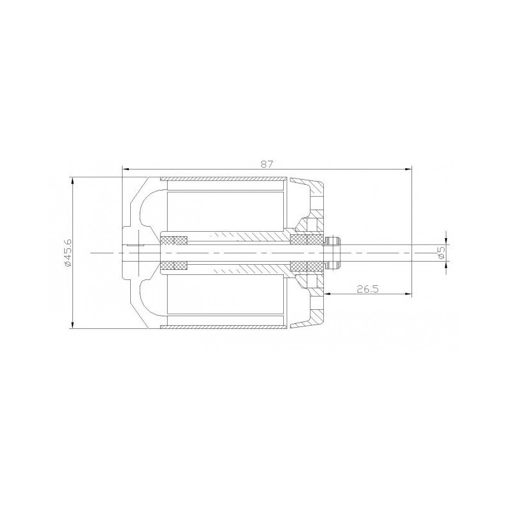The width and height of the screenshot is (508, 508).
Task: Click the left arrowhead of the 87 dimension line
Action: pos(125,169)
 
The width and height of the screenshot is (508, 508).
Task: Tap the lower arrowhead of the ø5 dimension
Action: pos(446,264)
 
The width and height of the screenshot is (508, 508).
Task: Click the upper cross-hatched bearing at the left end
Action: pos(175,240)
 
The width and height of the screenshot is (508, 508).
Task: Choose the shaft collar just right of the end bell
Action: pos(333,253)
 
